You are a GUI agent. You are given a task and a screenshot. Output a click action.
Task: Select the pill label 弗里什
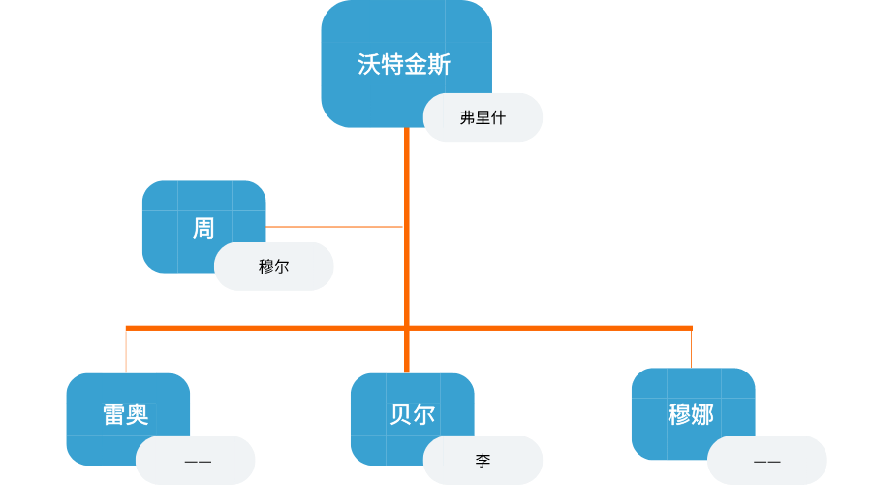(x=483, y=117)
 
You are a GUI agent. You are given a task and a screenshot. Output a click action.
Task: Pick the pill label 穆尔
(x=273, y=266)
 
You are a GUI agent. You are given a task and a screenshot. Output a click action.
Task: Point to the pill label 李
(x=483, y=460)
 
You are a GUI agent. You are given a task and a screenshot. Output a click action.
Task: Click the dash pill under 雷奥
(x=197, y=461)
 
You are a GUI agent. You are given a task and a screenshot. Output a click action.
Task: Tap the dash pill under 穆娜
(x=766, y=461)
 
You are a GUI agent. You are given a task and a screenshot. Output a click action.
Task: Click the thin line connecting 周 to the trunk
(x=334, y=227)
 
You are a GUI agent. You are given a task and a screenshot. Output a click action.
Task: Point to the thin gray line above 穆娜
(x=691, y=349)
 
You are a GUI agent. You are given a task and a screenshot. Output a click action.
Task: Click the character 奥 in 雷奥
(x=138, y=414)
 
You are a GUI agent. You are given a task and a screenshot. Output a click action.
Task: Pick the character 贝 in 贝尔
(x=400, y=414)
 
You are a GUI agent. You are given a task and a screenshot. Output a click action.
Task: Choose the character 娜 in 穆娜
(x=702, y=414)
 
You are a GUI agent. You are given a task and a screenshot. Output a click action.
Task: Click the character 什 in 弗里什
(x=498, y=117)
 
